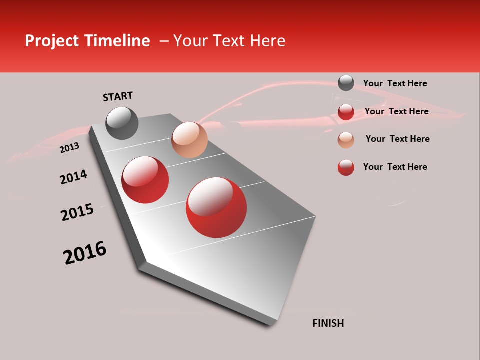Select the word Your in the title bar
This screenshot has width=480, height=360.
click(189, 41)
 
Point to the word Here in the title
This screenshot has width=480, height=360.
click(267, 41)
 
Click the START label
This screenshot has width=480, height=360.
click(118, 96)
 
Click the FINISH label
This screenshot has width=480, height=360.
click(328, 323)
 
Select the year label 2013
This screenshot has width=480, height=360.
click(69, 148)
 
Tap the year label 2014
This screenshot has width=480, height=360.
click(73, 177)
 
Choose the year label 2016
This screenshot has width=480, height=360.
click(85, 253)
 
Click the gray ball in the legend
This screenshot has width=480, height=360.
click(346, 83)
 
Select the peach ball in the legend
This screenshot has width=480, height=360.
click(346, 139)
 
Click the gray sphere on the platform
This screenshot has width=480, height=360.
click(122, 123)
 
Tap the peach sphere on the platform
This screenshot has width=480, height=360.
click(189, 139)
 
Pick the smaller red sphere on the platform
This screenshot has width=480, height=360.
click(145, 180)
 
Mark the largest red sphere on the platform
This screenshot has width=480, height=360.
click(216, 207)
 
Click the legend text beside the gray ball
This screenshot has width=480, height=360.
click(395, 83)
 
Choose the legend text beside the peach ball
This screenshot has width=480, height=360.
click(397, 139)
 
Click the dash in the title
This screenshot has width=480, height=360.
click(164, 41)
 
